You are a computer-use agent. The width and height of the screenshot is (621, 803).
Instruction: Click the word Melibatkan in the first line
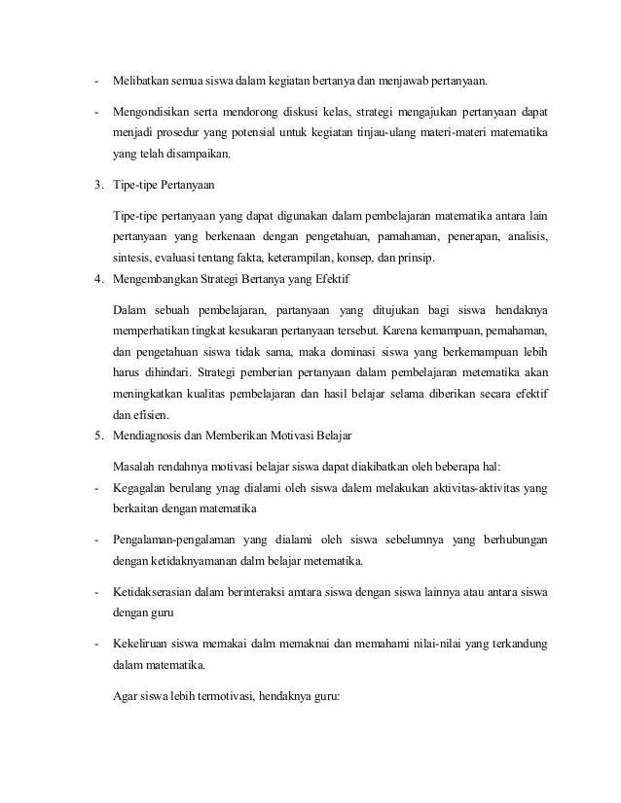tap(138, 79)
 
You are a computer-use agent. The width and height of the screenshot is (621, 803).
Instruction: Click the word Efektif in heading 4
tap(330, 281)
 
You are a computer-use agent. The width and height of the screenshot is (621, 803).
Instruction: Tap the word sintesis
tap(130, 258)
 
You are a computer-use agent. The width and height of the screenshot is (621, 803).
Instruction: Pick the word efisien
tap(151, 420)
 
